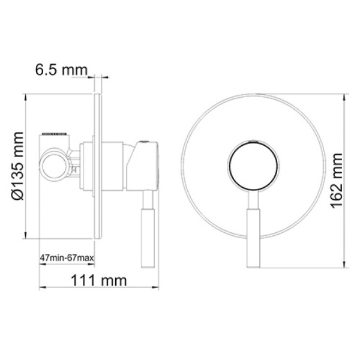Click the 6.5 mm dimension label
[61, 70]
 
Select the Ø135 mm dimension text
[17, 166]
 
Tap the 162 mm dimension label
[337, 181]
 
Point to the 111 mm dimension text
[99, 281]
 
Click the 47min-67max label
[67, 258]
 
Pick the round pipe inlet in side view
[54, 164]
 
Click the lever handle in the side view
[148, 229]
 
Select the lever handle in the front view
[253, 229]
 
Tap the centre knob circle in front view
[253, 165]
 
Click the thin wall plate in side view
[98, 166]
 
